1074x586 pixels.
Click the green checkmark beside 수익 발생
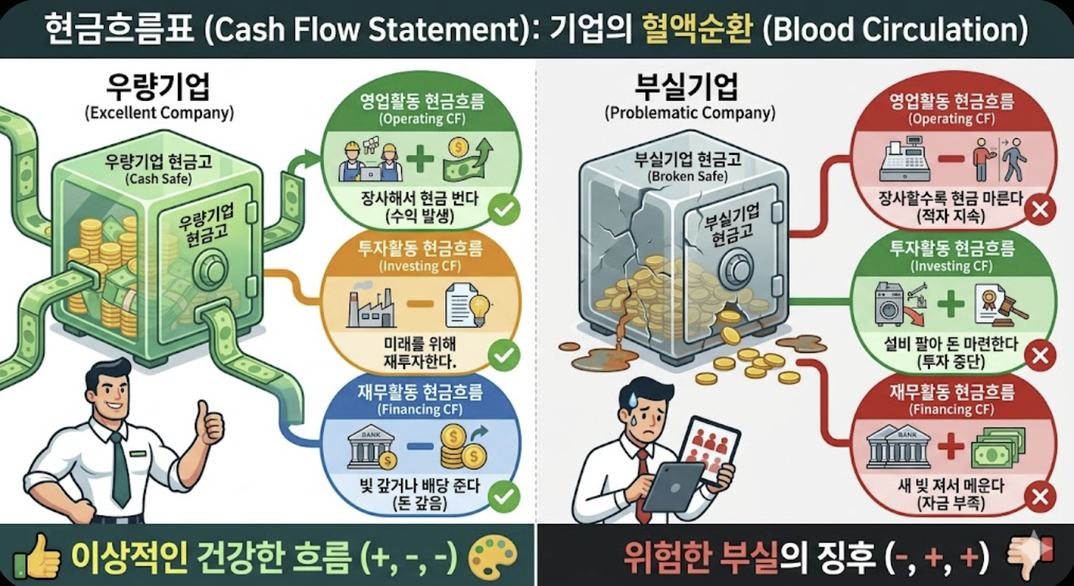(504, 211)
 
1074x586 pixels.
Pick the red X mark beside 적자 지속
(1040, 211)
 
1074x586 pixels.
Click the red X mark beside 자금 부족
(1040, 497)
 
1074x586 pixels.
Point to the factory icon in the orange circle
(371, 308)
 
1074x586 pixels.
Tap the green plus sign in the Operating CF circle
(420, 158)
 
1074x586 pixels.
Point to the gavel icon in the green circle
(1012, 308)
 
